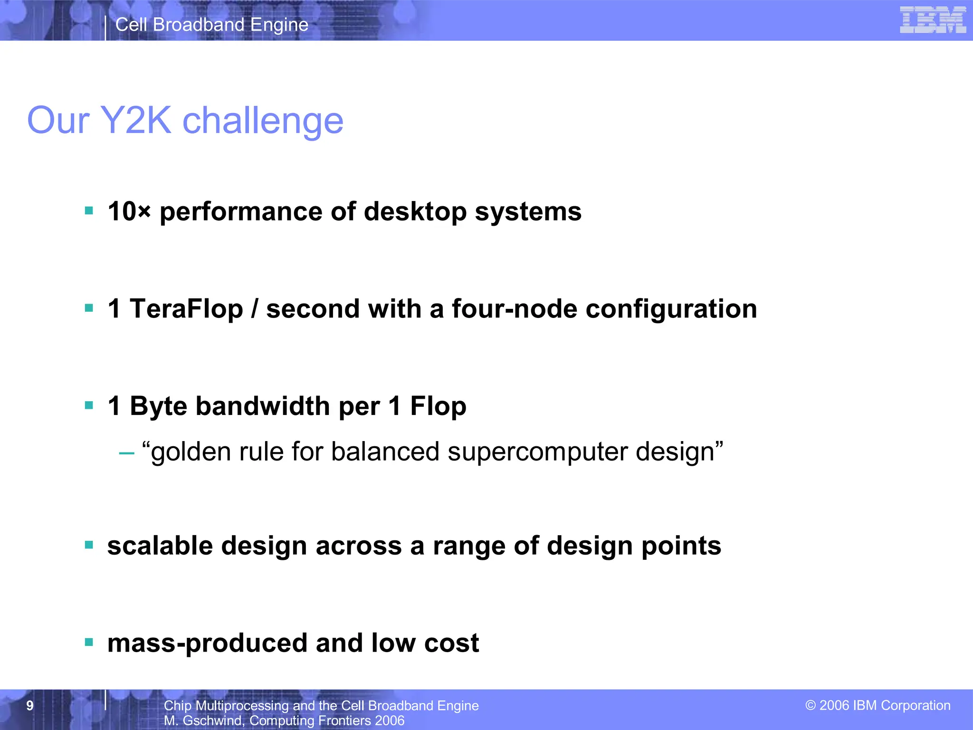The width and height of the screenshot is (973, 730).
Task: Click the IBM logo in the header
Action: tap(933, 20)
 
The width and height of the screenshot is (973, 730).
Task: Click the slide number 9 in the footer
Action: tap(30, 705)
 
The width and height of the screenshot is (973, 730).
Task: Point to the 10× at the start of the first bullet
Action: tap(129, 211)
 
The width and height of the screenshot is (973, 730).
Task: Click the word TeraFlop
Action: tap(186, 308)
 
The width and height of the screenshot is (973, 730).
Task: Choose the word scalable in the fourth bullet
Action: tap(160, 545)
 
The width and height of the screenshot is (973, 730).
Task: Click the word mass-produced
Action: tap(207, 643)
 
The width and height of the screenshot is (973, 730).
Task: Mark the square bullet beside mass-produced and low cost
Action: tap(89, 643)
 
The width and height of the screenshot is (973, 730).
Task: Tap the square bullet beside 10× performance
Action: tap(89, 210)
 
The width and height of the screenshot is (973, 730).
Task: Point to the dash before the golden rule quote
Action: tap(126, 453)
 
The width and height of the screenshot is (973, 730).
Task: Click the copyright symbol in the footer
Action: tap(811, 705)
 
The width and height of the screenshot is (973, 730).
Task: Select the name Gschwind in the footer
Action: tap(212, 720)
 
